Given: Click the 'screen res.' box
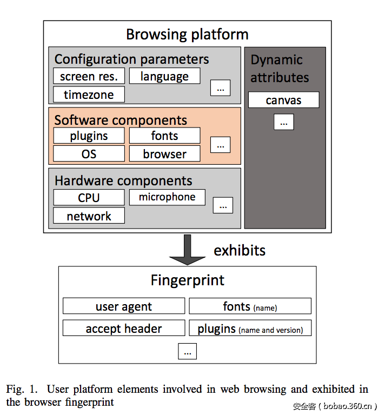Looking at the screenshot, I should (89, 76).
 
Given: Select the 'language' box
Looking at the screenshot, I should (164, 76).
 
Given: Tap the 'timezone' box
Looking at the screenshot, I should (89, 95).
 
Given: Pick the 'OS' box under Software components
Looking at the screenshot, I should (89, 154).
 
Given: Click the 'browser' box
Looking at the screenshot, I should (164, 154).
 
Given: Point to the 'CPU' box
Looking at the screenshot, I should (89, 198).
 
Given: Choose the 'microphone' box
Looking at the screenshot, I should (167, 197).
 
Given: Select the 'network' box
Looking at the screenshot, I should (89, 216).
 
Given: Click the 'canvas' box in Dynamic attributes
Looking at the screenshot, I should (283, 100).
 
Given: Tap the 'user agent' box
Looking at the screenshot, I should (124, 306).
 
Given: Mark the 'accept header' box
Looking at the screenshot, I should (124, 328).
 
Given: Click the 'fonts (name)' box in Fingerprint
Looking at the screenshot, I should (250, 306).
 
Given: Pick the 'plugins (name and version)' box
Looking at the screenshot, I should (250, 328).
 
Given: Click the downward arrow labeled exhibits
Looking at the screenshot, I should (188, 250).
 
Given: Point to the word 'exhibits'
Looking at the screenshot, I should (240, 250).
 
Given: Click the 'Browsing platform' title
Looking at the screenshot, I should (187, 35).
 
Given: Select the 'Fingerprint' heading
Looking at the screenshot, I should (187, 280).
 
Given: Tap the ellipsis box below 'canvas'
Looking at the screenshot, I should (283, 122).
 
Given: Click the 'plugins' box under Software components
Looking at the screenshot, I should (89, 136).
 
